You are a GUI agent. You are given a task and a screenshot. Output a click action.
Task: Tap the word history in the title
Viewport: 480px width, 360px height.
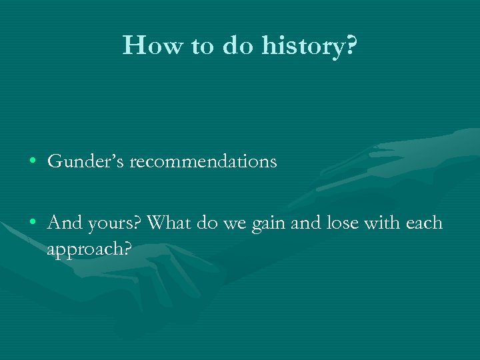(303, 45)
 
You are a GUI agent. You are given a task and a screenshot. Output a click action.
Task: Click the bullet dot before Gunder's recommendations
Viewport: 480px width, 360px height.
(33, 162)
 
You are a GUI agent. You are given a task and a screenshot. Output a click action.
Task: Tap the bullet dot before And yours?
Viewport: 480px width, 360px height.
(33, 223)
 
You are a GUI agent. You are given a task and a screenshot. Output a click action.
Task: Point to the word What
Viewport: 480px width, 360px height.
(168, 223)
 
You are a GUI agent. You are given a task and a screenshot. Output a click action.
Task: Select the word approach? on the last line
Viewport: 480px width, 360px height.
(89, 249)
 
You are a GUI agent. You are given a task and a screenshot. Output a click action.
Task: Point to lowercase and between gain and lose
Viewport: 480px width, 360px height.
(305, 223)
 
